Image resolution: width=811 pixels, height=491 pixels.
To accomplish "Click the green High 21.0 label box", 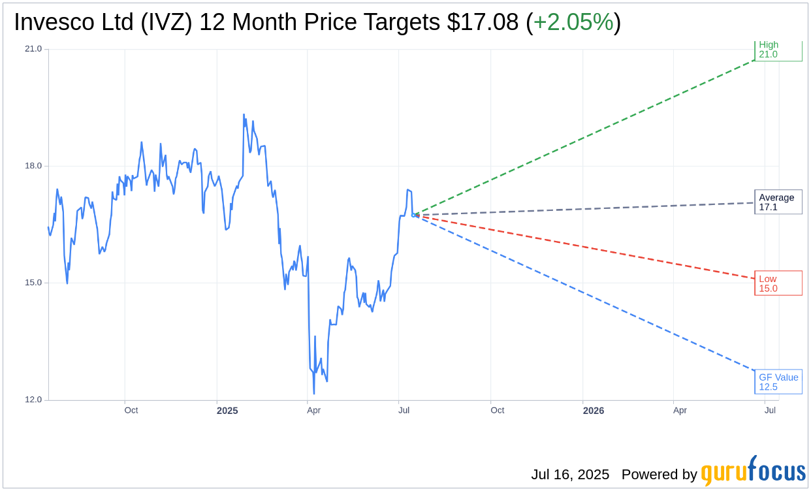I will [778, 50].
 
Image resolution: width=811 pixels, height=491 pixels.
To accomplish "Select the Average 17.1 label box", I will [778, 202].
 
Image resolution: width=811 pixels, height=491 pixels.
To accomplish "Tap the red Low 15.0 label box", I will [778, 283].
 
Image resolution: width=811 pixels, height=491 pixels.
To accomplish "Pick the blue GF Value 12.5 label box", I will [778, 382].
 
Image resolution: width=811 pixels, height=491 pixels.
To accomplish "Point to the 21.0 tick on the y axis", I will [33, 49].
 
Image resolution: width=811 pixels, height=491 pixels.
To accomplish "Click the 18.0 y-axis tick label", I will [33, 166].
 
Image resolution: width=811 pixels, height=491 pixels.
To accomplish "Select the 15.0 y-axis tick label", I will [33, 283].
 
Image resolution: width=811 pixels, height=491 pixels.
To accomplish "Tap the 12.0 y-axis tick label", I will [33, 400].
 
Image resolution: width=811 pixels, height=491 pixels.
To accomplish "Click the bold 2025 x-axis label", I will [227, 411].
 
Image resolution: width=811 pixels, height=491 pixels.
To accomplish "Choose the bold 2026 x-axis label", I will [593, 411].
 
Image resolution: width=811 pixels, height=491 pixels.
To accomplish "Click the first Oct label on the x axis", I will [131, 410].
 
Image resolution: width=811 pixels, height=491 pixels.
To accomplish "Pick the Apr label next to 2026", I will [680, 410].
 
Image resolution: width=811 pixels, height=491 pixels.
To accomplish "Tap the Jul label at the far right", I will [770, 410].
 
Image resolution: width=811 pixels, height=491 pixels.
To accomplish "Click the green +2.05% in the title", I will [573, 23].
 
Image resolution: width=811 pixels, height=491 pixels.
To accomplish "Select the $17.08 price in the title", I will [483, 23].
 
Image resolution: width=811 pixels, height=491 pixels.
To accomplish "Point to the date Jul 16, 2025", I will [570, 475].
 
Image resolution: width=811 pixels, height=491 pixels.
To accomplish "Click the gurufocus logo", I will [753, 471].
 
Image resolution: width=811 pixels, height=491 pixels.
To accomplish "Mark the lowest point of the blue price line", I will [314, 394].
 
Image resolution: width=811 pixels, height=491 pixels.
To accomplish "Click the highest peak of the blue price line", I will [244, 114].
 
